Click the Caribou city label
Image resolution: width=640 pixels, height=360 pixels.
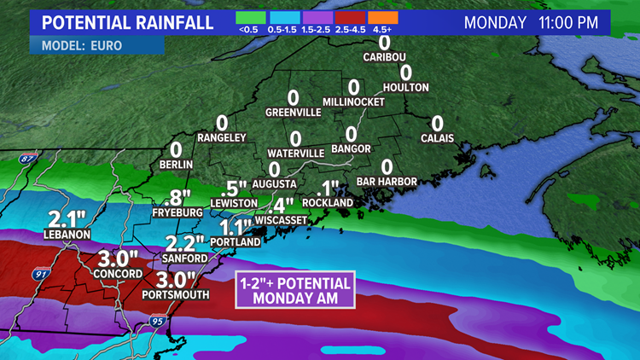click(x=383, y=57)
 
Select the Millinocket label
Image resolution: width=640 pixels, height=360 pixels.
click(x=353, y=102)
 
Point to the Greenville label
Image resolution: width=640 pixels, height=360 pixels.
click(x=293, y=112)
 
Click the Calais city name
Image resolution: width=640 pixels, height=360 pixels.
click(x=437, y=138)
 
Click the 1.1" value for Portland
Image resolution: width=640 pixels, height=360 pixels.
click(x=236, y=228)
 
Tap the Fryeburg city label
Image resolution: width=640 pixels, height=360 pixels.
click(x=177, y=208)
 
